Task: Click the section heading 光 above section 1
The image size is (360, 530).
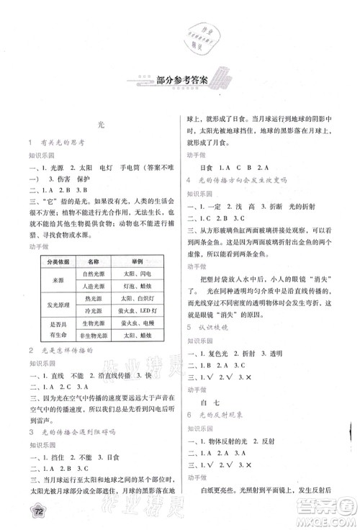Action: point(101,125)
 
